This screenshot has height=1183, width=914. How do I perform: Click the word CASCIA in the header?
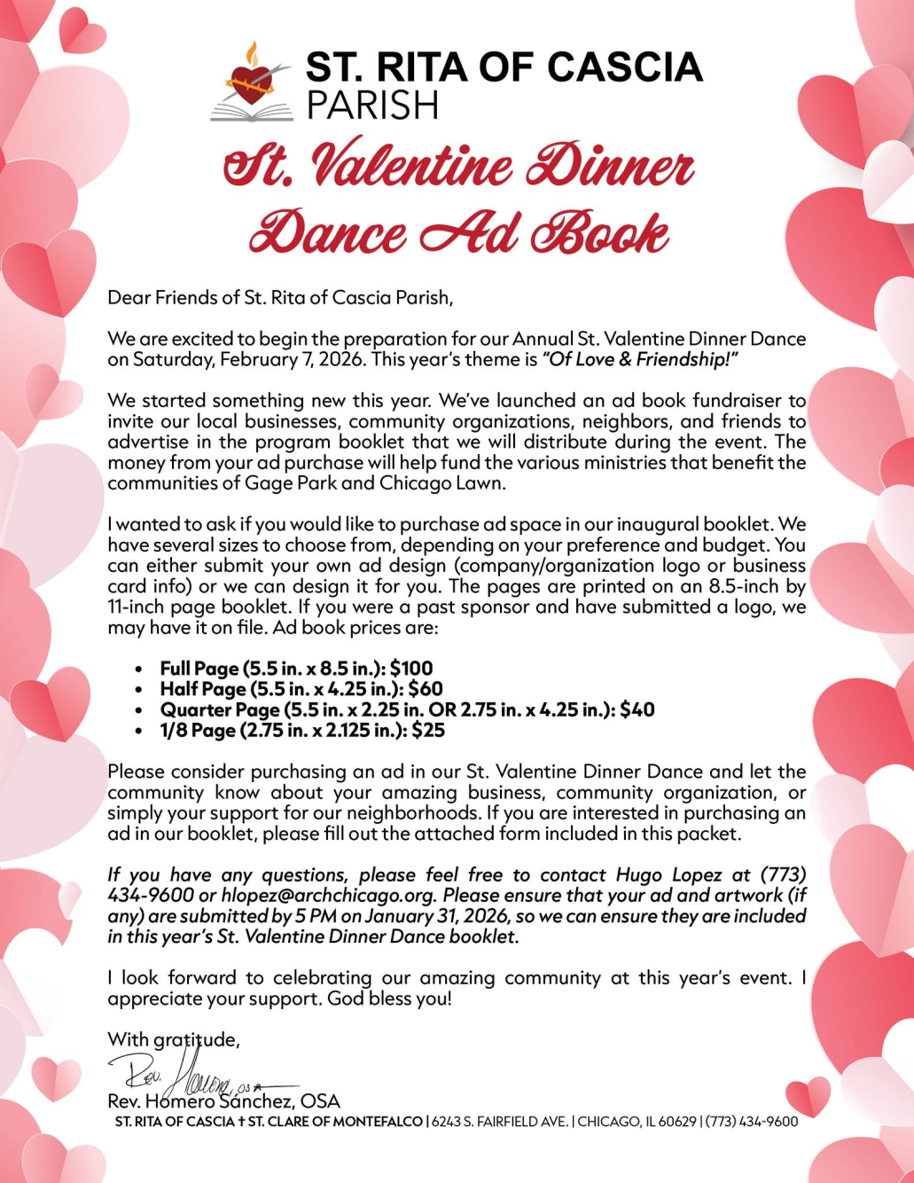tap(624, 67)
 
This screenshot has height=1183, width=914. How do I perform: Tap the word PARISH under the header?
tap(372, 106)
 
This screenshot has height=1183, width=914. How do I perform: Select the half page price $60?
tap(426, 689)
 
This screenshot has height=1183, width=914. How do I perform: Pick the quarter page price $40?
tap(637, 709)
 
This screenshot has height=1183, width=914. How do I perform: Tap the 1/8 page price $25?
tap(428, 731)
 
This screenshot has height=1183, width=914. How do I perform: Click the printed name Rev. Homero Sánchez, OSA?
tap(223, 1101)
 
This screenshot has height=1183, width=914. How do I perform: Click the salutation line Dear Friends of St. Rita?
tap(280, 298)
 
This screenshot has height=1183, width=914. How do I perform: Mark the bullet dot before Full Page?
tap(139, 670)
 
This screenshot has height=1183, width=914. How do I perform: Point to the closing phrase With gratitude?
tap(174, 1039)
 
